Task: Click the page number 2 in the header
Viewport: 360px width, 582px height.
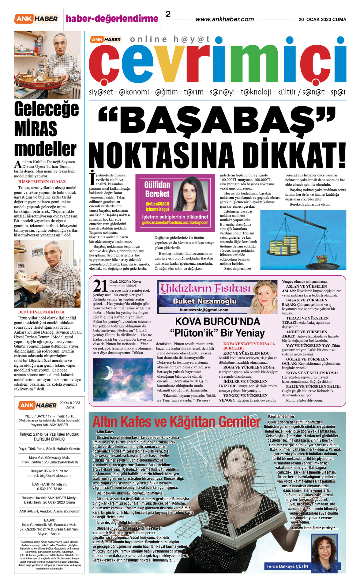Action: pos(168,14)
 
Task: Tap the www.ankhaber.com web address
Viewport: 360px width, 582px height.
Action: pos(225,19)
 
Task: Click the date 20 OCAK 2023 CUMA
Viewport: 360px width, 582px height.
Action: pos(322,20)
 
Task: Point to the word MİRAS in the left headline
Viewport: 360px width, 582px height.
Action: pos(36,129)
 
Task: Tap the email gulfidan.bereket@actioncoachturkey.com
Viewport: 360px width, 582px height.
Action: pos(175,223)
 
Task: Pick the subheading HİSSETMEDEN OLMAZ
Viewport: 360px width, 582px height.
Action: pos(42,182)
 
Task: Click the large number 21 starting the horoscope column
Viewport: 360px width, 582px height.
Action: pos(100,286)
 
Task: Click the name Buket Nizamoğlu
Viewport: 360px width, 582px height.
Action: pos(204,301)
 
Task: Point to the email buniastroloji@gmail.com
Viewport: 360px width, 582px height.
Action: pos(204,310)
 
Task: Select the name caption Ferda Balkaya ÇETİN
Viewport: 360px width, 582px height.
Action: pos(287,566)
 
